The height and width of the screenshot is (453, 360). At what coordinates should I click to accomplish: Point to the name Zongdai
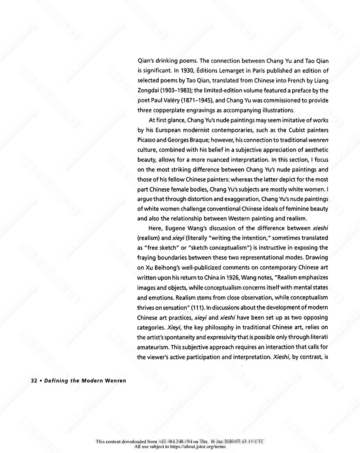(x=150, y=90)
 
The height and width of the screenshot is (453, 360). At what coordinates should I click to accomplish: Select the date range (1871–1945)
(x=210, y=100)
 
